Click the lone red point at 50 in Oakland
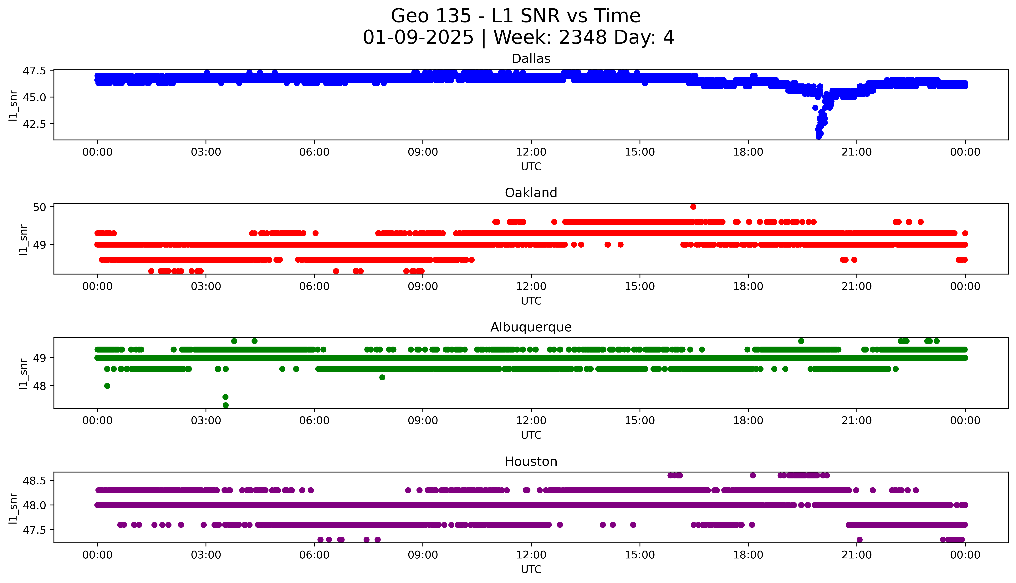693,207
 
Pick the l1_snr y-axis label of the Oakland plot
23,240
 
